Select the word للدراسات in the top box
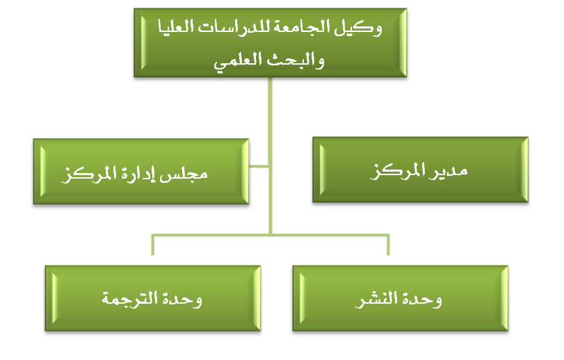tap(234, 27)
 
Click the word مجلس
tap(184, 174)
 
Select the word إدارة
tap(138, 174)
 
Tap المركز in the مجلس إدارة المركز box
tap(89, 174)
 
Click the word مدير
tap(448, 172)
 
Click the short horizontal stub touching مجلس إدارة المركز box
tap(259, 166)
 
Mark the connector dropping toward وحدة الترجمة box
tap(152, 245)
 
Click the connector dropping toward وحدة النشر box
tap(388, 245)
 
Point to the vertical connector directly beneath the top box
tap(270, 156)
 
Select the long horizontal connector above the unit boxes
tap(271, 236)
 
